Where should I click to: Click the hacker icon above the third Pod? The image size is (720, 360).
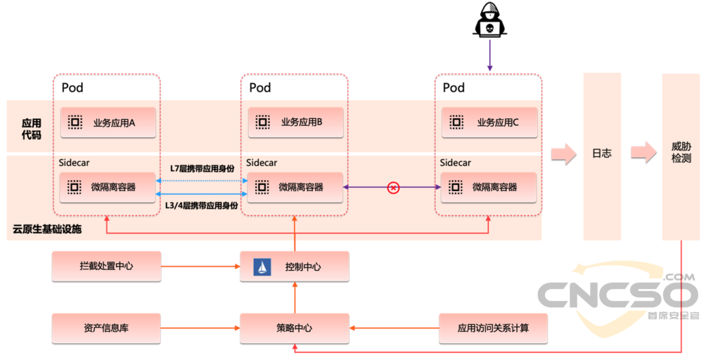pos(490,20)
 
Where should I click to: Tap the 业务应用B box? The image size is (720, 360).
pos(295,123)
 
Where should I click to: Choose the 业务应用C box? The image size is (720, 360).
pos(489,123)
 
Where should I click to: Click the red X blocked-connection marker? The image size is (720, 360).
pos(394,188)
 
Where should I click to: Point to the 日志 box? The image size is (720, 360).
pos(602,153)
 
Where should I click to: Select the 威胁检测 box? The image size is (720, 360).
pos(681,153)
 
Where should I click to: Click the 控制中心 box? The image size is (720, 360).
pos(295,267)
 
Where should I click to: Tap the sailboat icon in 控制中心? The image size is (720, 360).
pos(262,267)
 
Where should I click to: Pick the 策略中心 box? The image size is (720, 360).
pos(295,328)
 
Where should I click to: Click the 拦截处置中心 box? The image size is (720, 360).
pos(107,267)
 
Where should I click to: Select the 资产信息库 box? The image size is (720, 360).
pos(107,328)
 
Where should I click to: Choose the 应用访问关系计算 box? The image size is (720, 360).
pos(493,328)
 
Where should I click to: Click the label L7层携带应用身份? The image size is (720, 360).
pos(202,169)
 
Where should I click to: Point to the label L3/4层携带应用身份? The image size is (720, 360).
pos(202,205)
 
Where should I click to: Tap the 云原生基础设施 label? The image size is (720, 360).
pos(47,229)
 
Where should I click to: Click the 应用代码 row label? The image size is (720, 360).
pos(31,129)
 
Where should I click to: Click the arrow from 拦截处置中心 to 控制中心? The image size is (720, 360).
pos(200,267)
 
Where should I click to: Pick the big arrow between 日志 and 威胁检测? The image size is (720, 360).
pos(643,153)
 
